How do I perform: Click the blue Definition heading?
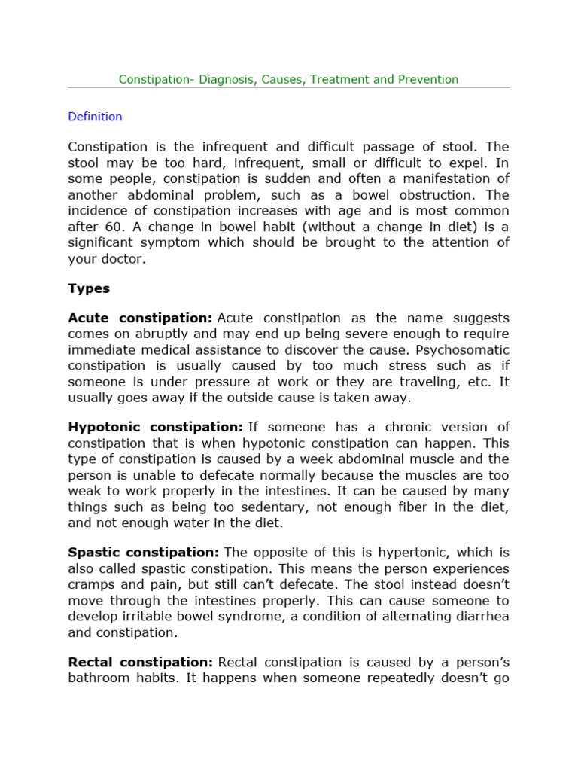95,117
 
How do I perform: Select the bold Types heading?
89,288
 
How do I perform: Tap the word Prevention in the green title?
427,79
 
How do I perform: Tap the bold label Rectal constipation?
140,663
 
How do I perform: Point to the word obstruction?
434,195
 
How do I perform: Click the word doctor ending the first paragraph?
120,258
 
